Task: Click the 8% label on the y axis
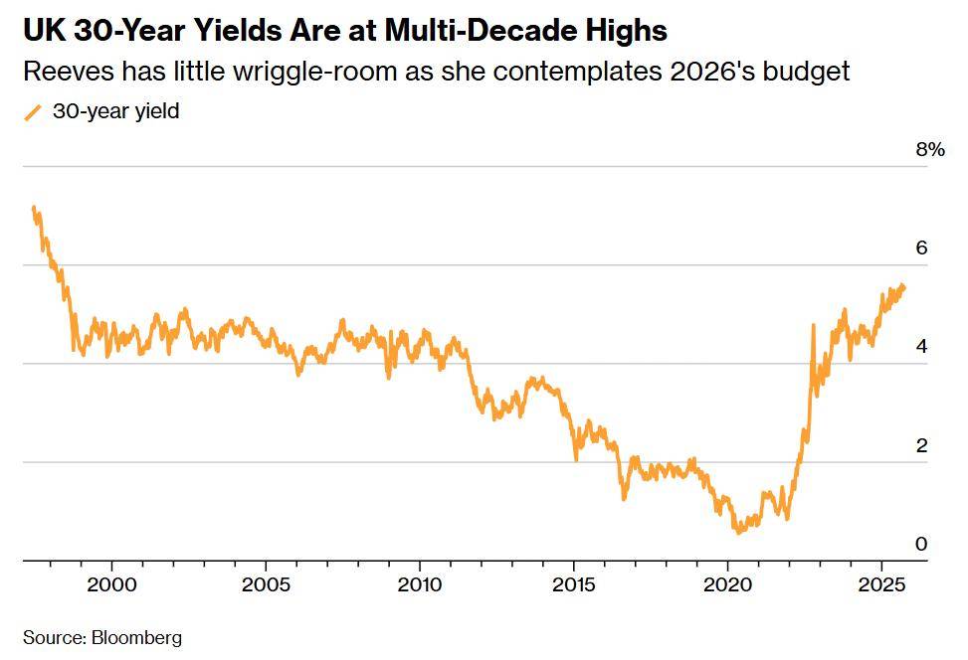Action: pos(929,150)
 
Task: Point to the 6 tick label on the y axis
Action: pos(921,247)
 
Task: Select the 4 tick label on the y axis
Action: pos(921,346)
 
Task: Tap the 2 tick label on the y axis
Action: pos(921,445)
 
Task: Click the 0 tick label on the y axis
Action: pos(921,544)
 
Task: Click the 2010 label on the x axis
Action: pos(419,582)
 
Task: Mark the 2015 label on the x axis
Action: pos(574,582)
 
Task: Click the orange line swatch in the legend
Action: pos(34,112)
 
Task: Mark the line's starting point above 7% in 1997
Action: pos(34,208)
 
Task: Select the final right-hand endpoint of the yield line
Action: pos(904,286)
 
